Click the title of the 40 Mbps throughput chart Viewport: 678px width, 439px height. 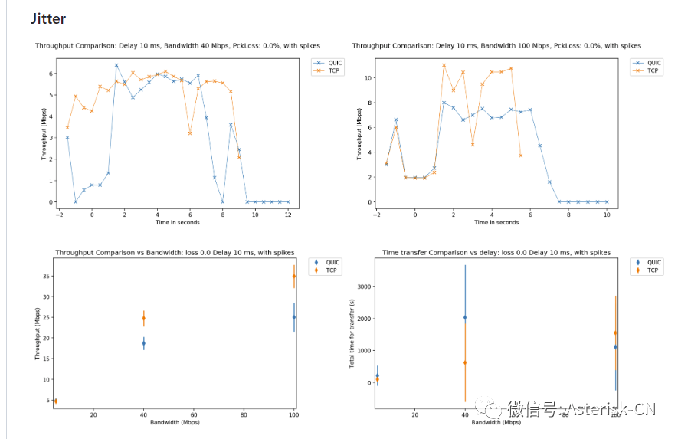[x=178, y=46]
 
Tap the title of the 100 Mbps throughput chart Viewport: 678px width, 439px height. [x=496, y=46]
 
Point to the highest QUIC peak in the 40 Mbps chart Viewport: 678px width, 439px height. [x=116, y=65]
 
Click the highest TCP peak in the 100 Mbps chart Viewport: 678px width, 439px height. [x=444, y=65]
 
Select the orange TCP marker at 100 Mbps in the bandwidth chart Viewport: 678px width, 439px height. [x=294, y=277]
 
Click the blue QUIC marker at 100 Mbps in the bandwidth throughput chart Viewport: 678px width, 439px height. [x=294, y=317]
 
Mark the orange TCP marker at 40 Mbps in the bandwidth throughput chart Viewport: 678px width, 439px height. [x=143, y=318]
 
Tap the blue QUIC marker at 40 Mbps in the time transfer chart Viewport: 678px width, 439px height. [x=464, y=317]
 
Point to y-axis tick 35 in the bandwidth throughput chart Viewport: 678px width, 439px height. [x=45, y=277]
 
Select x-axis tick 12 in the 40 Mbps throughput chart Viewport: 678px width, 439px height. [x=288, y=215]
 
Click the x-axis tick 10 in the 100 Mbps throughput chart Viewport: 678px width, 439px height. [x=606, y=215]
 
